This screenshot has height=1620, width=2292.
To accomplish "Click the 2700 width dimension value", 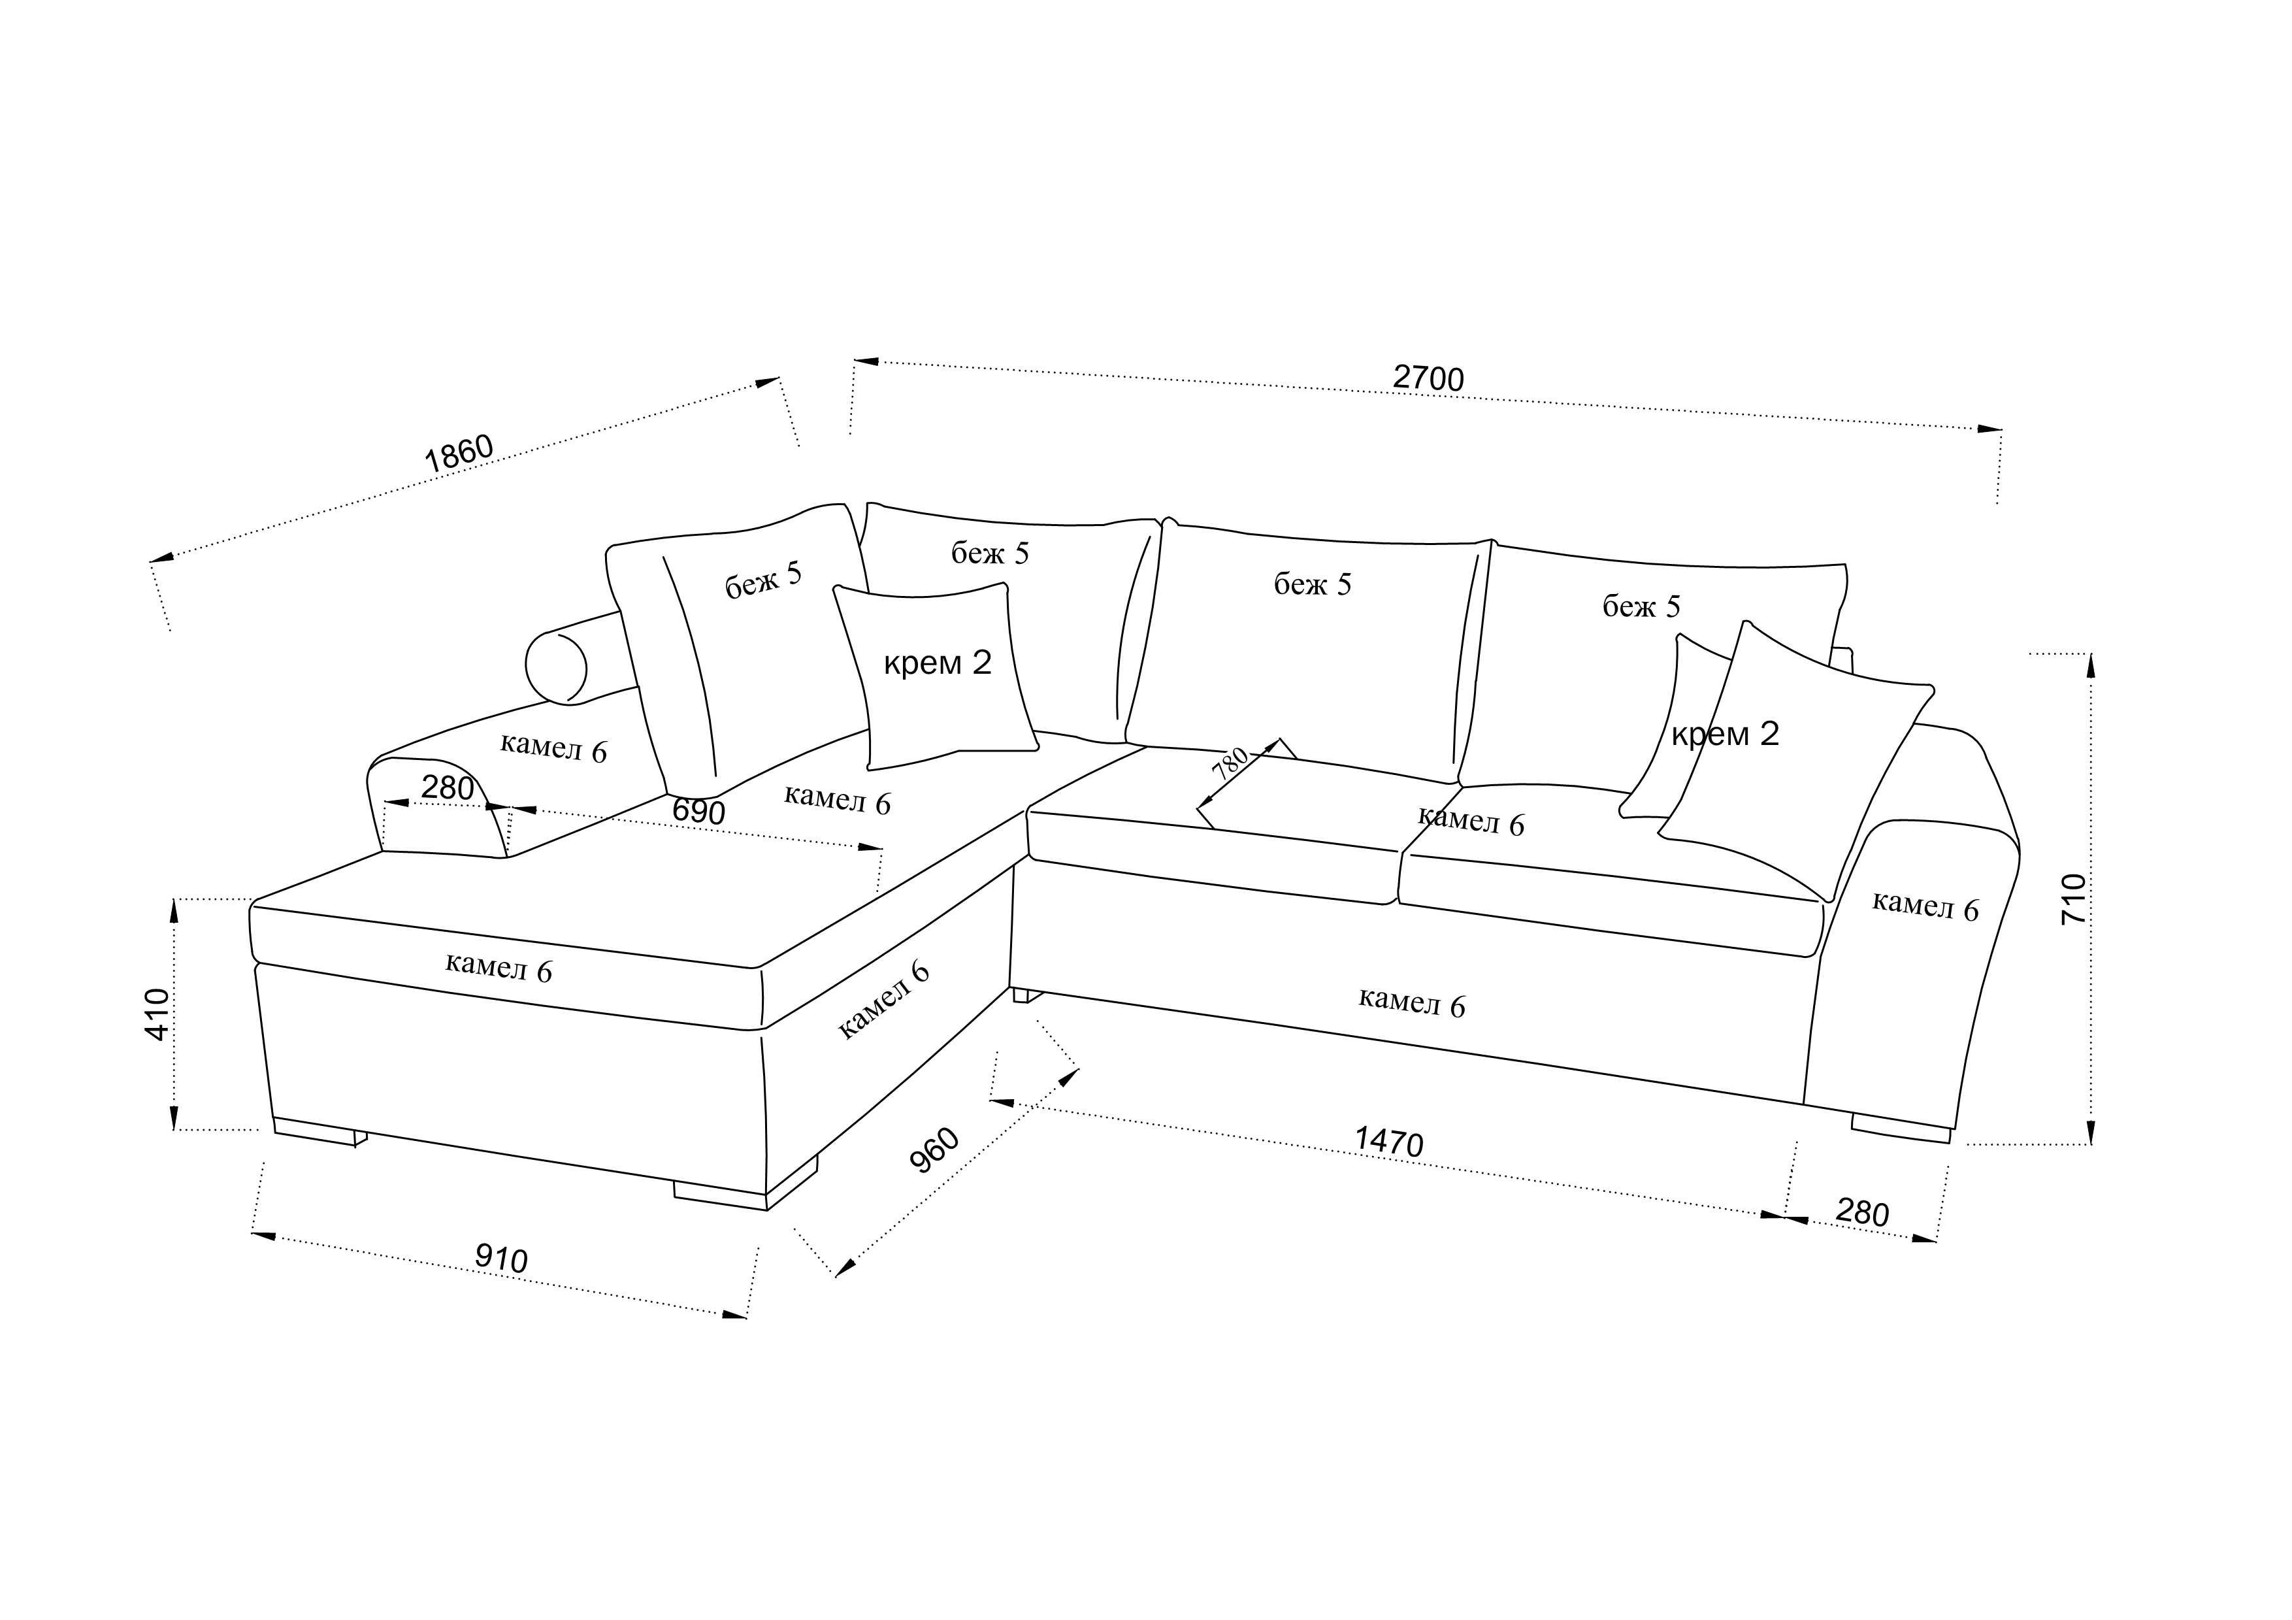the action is point(1428,378).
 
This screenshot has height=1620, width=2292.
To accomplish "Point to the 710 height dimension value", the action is point(2073,899).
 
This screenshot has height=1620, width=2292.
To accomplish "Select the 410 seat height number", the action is point(157,1014).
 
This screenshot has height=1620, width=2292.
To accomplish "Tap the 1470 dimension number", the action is point(1388,1142).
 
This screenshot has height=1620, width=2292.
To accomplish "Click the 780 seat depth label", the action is point(1230,763).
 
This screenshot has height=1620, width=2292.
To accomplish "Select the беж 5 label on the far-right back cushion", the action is point(1641,606).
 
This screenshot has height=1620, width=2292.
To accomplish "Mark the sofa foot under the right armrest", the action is point(1901,1128).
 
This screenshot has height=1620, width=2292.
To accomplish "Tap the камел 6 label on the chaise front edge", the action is point(498,967).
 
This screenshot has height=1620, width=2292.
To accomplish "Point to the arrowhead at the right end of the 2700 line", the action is point(1989,429).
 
